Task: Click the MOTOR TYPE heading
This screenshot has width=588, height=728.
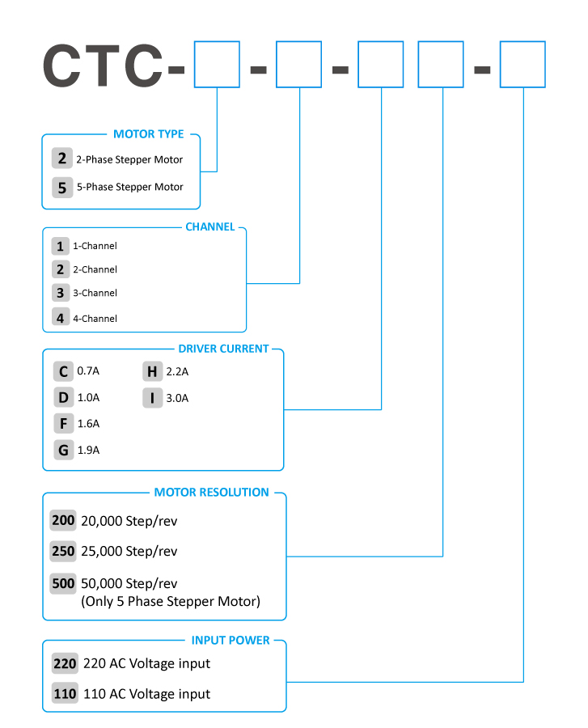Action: click(x=149, y=134)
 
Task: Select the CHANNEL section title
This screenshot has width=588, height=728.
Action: click(x=209, y=227)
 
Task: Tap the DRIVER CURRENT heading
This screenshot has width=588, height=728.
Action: click(x=223, y=349)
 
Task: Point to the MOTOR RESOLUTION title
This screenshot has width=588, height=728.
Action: click(x=211, y=492)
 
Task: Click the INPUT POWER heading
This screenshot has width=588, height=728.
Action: click(x=231, y=641)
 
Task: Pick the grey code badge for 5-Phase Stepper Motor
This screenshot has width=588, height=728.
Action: click(x=62, y=188)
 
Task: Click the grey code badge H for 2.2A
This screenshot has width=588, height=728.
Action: click(x=152, y=371)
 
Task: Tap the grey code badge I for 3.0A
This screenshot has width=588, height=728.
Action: click(x=152, y=398)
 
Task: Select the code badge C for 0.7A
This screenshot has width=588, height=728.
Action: click(x=63, y=371)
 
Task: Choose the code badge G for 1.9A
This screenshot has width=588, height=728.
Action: click(x=64, y=450)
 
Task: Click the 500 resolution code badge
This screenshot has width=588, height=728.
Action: click(x=63, y=583)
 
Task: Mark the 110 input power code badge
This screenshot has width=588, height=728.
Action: click(x=65, y=694)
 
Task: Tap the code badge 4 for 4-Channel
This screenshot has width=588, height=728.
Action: click(x=61, y=318)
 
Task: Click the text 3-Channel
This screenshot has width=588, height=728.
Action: click(x=95, y=294)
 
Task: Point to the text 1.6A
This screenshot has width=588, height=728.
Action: click(x=88, y=423)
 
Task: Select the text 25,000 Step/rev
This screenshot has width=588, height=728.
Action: click(x=129, y=551)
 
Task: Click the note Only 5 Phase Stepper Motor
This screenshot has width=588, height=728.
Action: click(x=171, y=601)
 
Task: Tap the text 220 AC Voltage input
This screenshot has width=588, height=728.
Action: click(x=146, y=664)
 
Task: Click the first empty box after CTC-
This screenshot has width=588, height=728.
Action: click(x=217, y=64)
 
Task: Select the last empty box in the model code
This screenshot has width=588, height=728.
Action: click(x=522, y=64)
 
